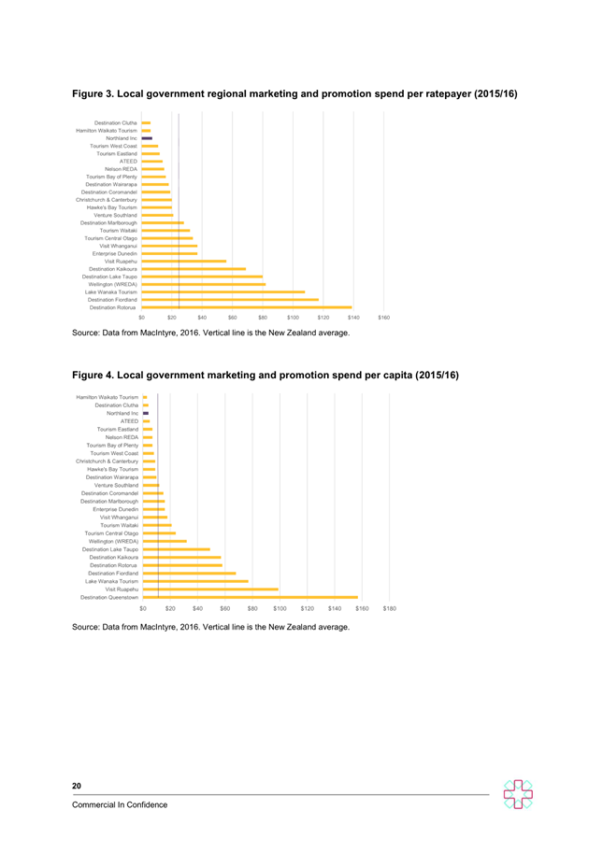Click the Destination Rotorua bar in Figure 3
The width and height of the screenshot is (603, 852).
pyautogui.click(x=247, y=307)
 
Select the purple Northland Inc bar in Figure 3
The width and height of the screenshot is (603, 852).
pyautogui.click(x=147, y=138)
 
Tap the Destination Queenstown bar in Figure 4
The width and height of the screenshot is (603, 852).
pyautogui.click(x=251, y=597)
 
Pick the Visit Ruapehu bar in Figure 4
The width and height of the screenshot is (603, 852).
pyautogui.click(x=210, y=589)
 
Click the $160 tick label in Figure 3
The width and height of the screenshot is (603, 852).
pyautogui.click(x=384, y=318)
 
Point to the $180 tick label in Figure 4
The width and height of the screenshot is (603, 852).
pyautogui.click(x=389, y=608)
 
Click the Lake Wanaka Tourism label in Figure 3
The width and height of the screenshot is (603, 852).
pyautogui.click(x=111, y=291)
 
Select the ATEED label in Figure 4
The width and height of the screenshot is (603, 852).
pyautogui.click(x=129, y=421)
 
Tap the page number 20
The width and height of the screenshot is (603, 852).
pyautogui.click(x=77, y=786)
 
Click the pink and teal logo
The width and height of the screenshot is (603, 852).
pyautogui.click(x=518, y=794)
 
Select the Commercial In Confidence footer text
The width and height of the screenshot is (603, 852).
pyautogui.click(x=120, y=804)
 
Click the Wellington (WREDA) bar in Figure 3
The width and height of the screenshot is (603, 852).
pyautogui.click(x=204, y=284)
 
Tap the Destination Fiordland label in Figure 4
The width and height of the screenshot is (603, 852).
pyautogui.click(x=113, y=574)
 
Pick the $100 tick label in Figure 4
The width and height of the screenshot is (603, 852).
pyautogui.click(x=280, y=608)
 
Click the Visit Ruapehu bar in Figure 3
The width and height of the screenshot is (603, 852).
pyautogui.click(x=184, y=262)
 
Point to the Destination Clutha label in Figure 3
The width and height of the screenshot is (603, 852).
pyautogui.click(x=115, y=122)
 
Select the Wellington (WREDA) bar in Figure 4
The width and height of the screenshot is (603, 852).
pyautogui.click(x=165, y=541)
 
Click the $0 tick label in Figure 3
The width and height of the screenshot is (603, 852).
pyautogui.click(x=142, y=318)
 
